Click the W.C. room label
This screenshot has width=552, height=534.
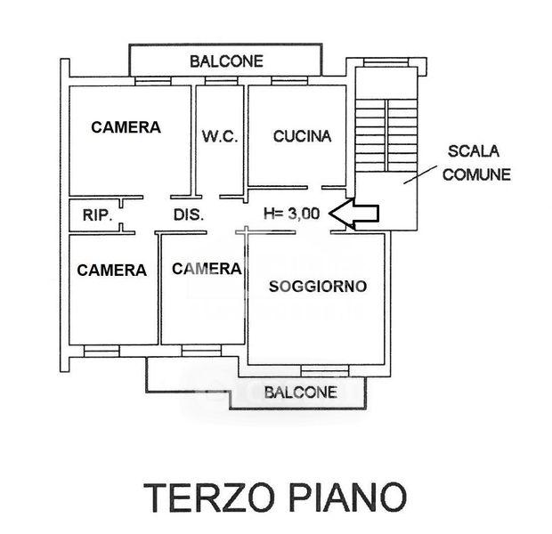220,136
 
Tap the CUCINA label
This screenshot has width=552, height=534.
303,136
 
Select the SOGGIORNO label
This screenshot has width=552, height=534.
318,287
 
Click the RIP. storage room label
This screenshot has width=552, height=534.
98,215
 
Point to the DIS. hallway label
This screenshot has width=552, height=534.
189,214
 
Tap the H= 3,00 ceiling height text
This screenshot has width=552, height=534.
292,214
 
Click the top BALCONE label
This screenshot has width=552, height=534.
227,61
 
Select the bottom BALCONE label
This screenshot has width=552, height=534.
301,392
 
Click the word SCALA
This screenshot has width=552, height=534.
474,151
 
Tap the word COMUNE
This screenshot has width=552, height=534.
476,174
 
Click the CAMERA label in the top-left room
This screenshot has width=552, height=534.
126,127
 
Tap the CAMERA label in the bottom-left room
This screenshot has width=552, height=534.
112,271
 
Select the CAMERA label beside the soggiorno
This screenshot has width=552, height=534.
207,269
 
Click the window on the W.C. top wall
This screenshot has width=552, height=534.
222,81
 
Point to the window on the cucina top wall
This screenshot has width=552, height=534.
289,81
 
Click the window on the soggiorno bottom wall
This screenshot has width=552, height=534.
325,370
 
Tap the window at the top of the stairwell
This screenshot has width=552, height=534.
386,62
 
